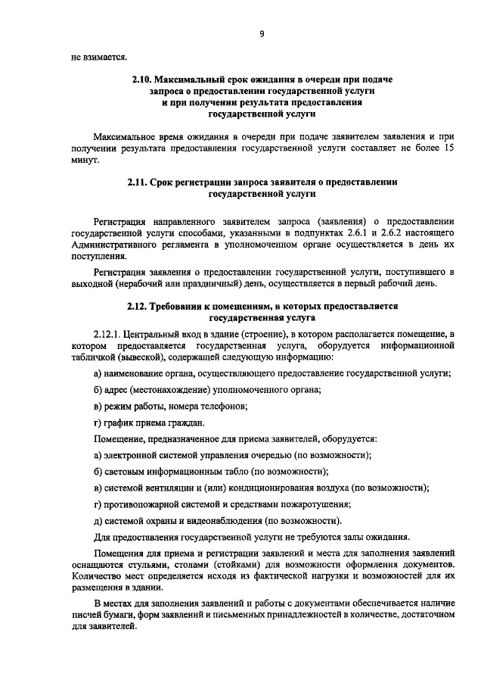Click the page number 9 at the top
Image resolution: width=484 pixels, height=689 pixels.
pyautogui.click(x=261, y=33)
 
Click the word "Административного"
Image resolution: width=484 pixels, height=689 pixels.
pyautogui.click(x=115, y=245)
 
